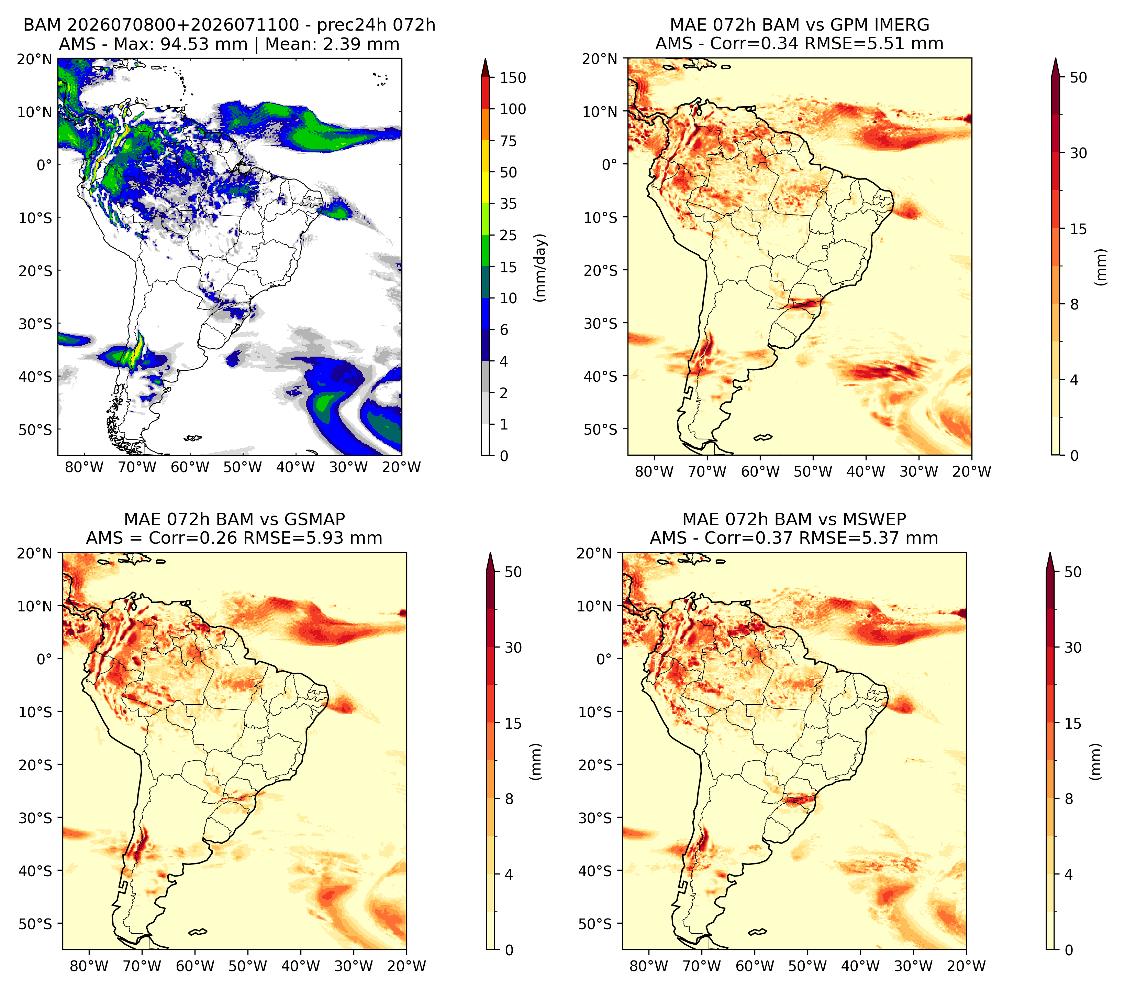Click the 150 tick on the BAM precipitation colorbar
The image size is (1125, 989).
click(512, 78)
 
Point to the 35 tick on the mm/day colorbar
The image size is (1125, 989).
click(508, 204)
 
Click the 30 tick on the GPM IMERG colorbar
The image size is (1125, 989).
click(1078, 153)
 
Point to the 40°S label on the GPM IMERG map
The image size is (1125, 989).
click(601, 376)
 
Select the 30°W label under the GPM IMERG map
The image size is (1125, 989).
click(918, 472)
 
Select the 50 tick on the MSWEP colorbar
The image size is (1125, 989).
click(1073, 572)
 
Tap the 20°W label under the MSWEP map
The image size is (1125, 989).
click(967, 966)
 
